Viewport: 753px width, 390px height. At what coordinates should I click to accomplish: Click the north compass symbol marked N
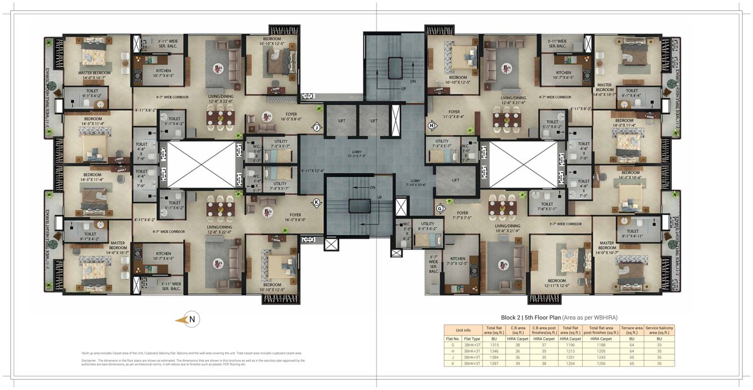(192, 320)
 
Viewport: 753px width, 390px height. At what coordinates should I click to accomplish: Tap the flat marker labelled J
(317, 128)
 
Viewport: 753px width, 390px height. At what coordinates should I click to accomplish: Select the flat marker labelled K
(317, 203)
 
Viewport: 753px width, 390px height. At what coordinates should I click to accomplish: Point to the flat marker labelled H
(432, 125)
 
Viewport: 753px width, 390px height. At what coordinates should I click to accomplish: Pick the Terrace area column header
(631, 329)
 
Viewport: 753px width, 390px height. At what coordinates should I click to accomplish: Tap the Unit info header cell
(463, 329)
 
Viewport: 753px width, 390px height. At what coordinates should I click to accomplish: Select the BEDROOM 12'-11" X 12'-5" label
(557, 283)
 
